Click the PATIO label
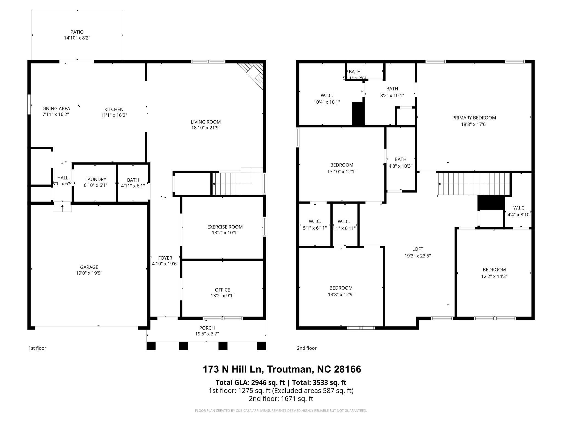point(77,32)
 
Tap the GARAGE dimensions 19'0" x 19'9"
point(89,273)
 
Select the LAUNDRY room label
point(95,179)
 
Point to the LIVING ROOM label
point(206,122)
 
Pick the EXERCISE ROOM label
point(225,227)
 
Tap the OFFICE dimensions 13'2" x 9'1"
point(222,296)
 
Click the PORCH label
point(207,328)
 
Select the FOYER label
point(165,258)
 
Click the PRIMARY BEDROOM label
point(474,118)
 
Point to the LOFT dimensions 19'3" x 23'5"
point(417,256)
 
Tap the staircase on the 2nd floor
point(474,184)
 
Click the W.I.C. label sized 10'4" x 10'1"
point(327,95)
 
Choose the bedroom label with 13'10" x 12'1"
point(341,165)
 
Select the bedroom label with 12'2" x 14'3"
point(494,270)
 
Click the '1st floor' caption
point(37,348)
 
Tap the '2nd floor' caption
point(307,348)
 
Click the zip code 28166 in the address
point(347,369)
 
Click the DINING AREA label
point(55,109)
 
